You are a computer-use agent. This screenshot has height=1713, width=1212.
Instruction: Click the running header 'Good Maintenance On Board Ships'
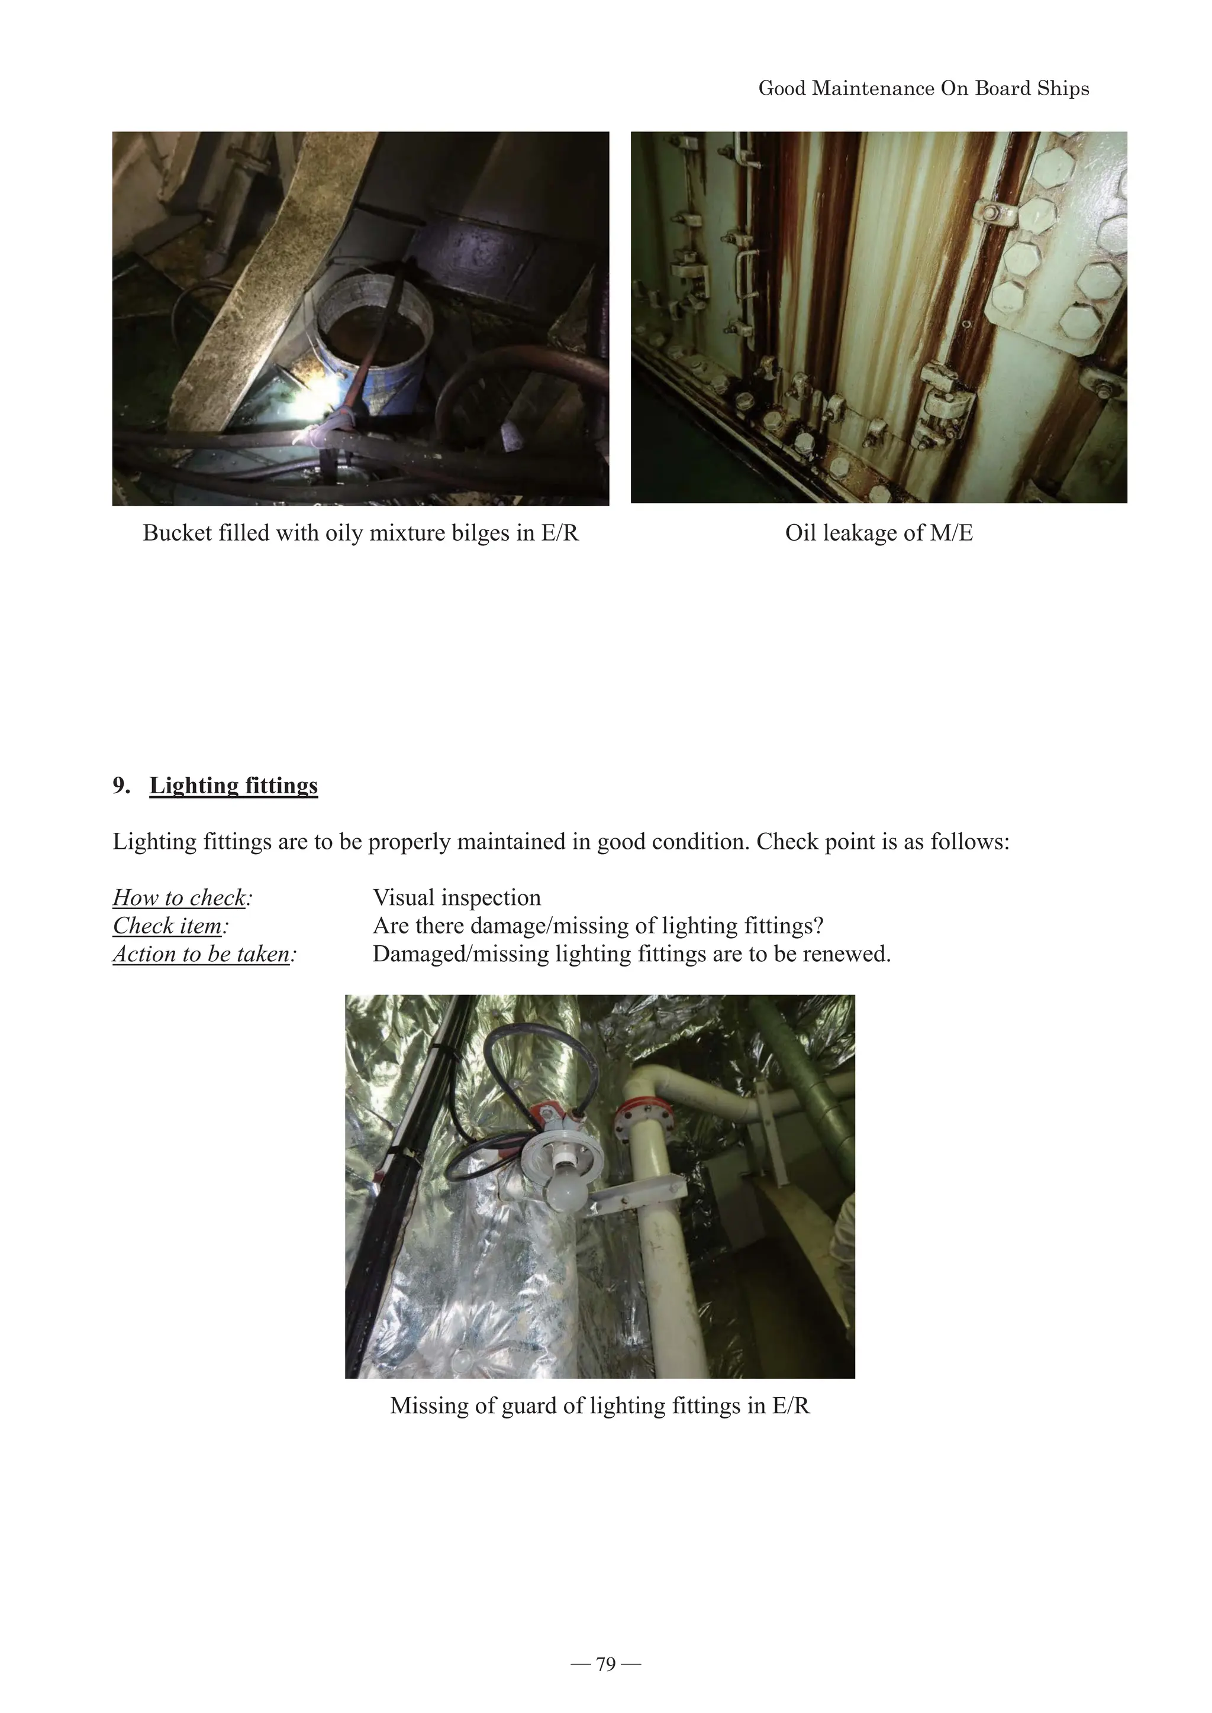point(923,89)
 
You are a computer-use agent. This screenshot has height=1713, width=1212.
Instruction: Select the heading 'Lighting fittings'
point(234,786)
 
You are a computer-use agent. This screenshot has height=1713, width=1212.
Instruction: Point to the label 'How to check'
point(179,897)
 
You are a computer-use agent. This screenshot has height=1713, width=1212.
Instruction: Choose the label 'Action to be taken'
point(201,954)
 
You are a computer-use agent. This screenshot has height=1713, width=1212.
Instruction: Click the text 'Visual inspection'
point(457,897)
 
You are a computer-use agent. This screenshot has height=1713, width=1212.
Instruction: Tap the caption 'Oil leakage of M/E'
point(878,533)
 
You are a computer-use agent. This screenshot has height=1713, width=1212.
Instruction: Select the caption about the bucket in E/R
point(360,533)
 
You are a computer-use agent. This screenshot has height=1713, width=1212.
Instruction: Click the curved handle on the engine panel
point(743,272)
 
